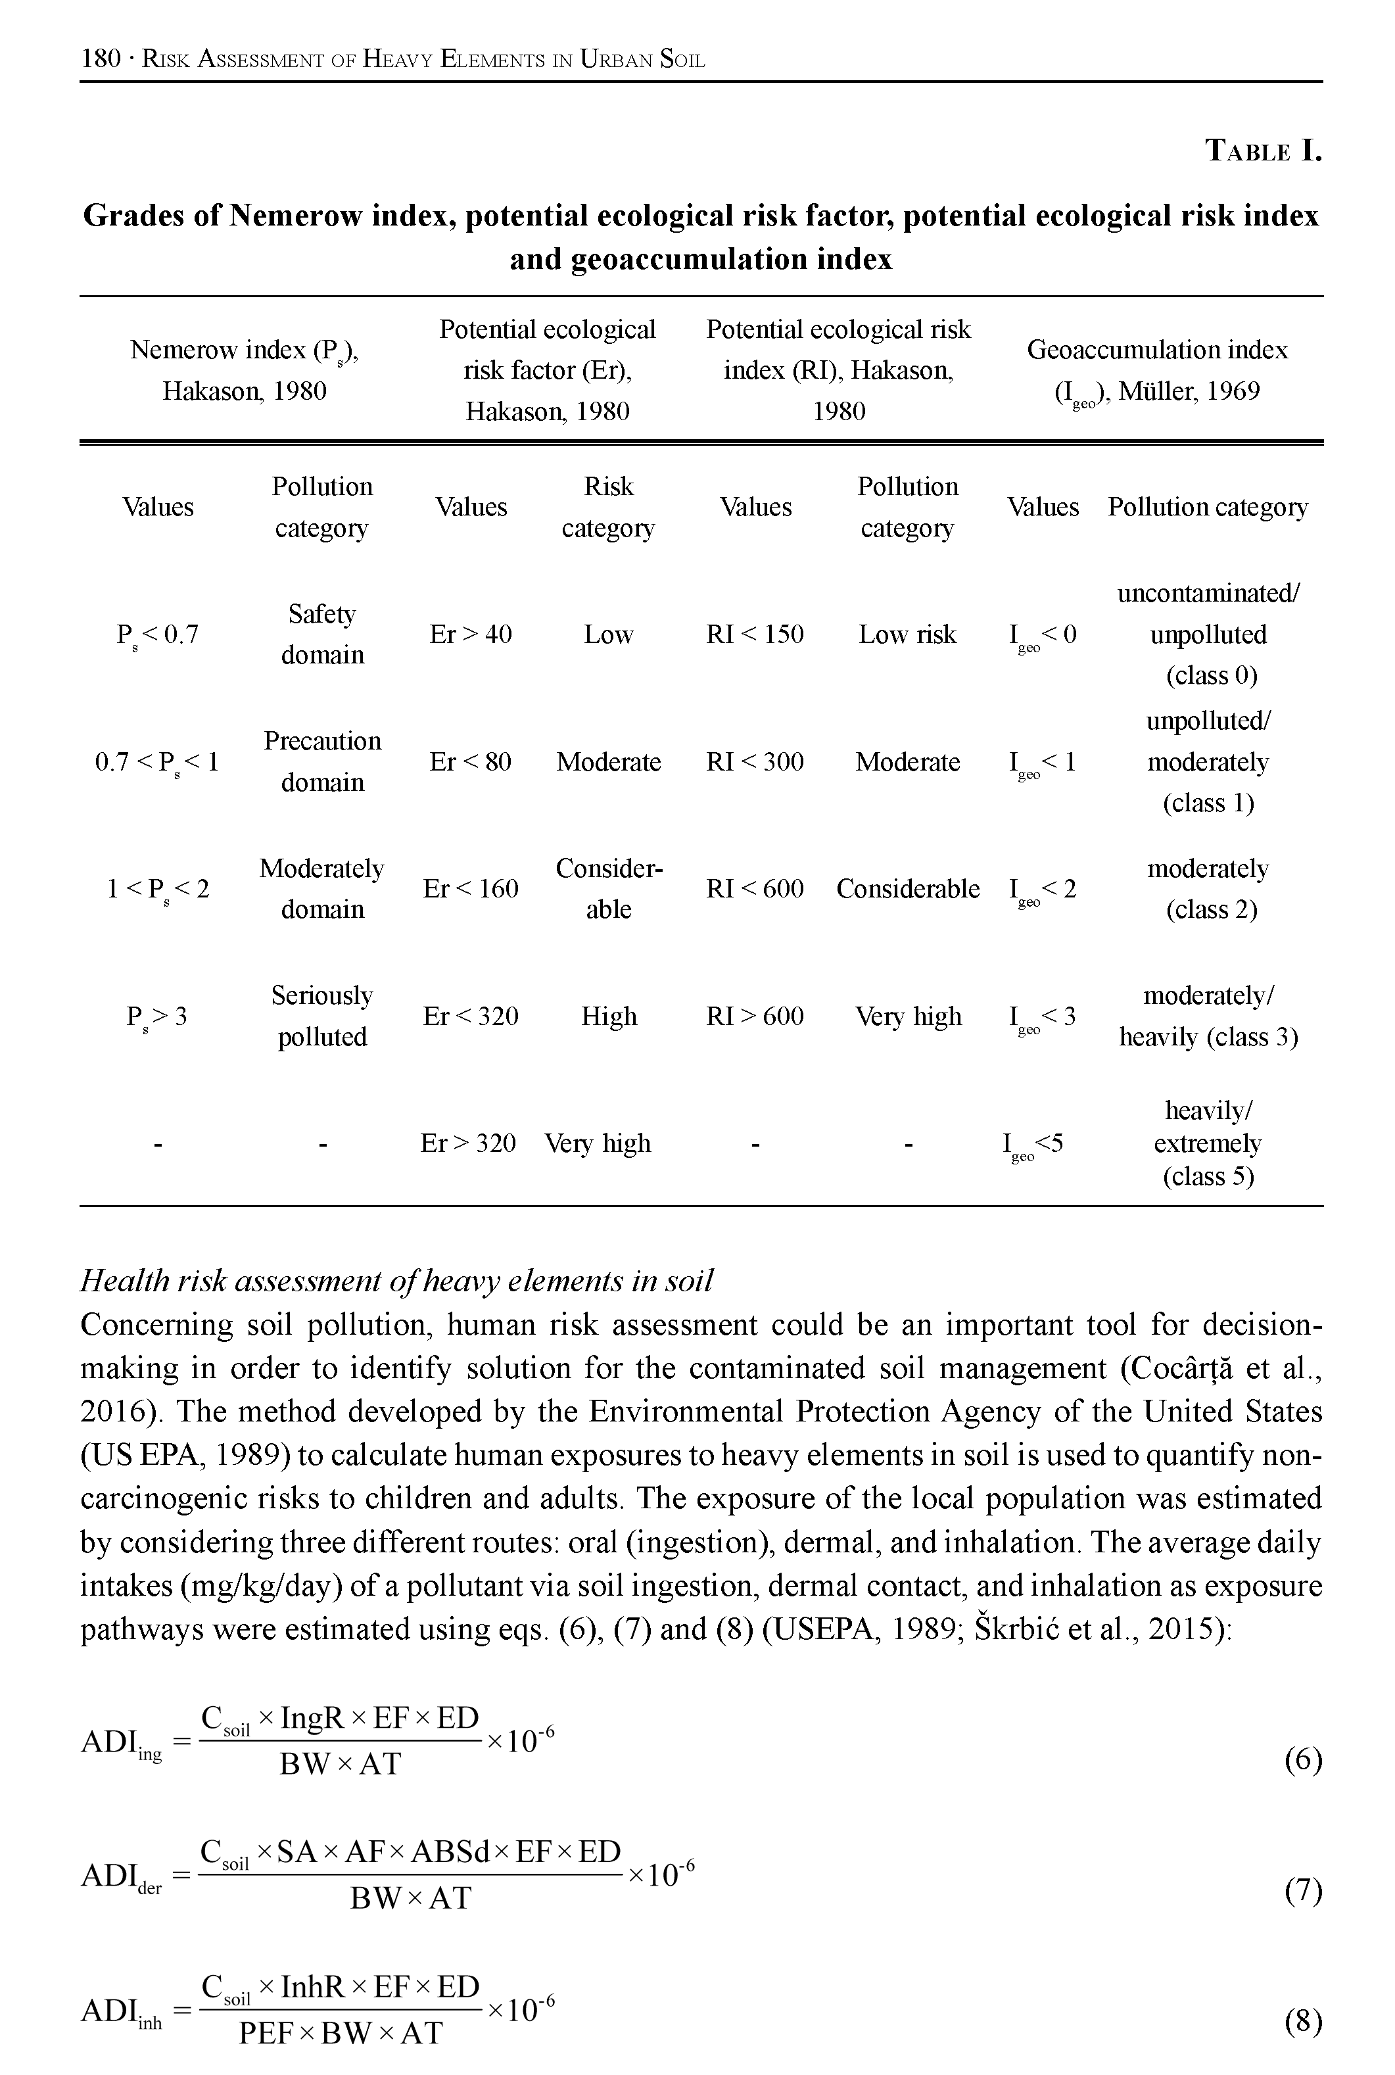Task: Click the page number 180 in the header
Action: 100,60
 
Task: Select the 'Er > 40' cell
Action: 470,634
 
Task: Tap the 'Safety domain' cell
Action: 322,634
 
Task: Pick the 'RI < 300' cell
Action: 755,761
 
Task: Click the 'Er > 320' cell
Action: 468,1143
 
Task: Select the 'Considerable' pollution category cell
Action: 907,889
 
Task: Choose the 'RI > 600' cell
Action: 755,1016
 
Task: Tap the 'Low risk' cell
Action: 907,634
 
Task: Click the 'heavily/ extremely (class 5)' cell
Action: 1208,1143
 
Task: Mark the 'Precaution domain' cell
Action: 322,761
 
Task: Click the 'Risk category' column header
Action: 609,507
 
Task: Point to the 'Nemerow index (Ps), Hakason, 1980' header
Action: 245,370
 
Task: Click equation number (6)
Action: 1304,1760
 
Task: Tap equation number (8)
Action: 1304,2022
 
